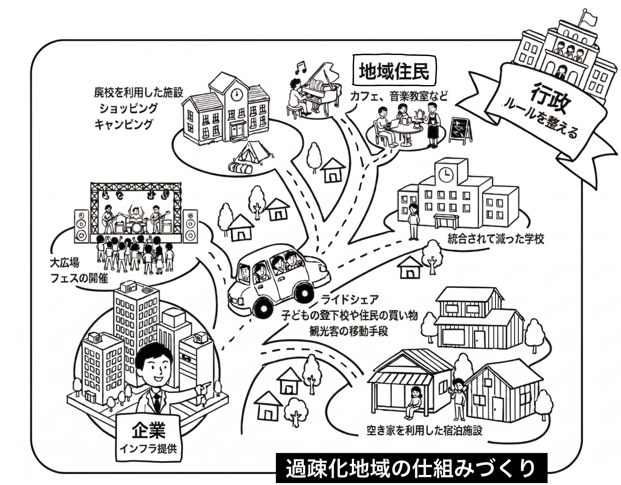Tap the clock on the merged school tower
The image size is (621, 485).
[x=446, y=175]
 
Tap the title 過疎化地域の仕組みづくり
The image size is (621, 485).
[x=411, y=469]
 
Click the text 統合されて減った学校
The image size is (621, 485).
[x=496, y=239]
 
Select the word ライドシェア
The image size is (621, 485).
[x=349, y=299]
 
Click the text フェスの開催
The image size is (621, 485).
[x=79, y=278]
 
